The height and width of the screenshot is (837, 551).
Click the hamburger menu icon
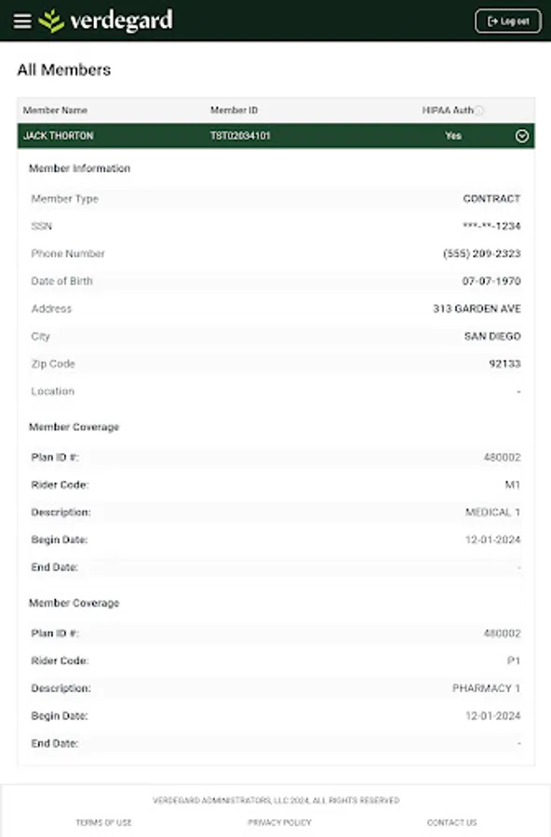click(x=22, y=21)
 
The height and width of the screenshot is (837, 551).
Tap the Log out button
click(x=507, y=21)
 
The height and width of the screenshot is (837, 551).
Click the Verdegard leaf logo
click(x=52, y=20)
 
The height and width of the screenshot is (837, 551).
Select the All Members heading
click(x=64, y=70)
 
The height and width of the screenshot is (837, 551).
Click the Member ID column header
click(x=234, y=111)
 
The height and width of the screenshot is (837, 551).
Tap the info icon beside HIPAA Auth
click(x=479, y=111)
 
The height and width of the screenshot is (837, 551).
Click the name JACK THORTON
click(x=58, y=136)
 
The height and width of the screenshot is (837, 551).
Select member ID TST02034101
click(x=241, y=136)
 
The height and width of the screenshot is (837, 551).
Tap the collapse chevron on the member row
click(x=522, y=136)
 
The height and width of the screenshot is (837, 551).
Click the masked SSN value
click(x=491, y=226)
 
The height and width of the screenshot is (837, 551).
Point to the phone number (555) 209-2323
click(x=482, y=254)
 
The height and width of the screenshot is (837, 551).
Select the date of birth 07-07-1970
click(x=491, y=281)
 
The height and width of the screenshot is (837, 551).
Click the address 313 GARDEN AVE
click(x=477, y=309)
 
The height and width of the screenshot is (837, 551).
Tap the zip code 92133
click(x=505, y=364)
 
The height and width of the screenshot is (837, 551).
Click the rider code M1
click(x=513, y=485)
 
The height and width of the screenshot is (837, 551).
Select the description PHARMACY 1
click(x=486, y=688)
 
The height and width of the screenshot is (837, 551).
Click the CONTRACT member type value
click(x=491, y=199)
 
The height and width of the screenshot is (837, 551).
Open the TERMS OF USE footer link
click(x=103, y=823)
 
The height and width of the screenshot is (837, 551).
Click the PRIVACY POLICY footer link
click(x=279, y=823)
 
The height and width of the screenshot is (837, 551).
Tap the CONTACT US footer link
click(x=451, y=823)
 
